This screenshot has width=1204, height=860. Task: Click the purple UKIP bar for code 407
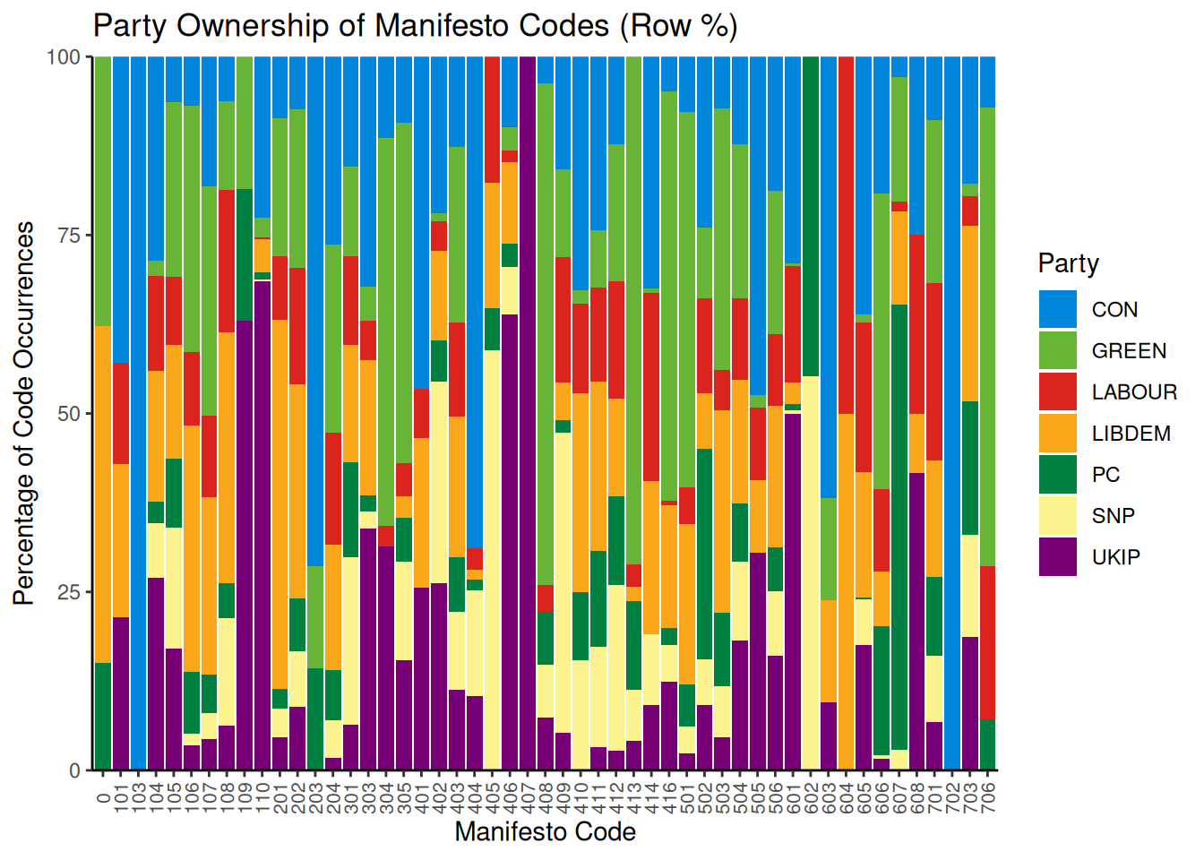click(528, 412)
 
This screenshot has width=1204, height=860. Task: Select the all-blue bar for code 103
click(138, 412)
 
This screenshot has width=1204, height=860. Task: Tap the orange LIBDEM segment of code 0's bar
click(103, 494)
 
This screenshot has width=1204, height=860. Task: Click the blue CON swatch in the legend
click(1058, 309)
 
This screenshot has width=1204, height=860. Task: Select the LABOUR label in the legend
click(1134, 392)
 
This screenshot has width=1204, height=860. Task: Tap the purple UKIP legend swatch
click(1058, 556)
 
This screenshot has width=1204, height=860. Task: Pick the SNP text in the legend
click(1114, 516)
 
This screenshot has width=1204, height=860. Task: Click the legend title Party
click(1068, 263)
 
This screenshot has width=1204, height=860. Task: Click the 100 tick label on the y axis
click(64, 57)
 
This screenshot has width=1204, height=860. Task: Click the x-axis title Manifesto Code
click(545, 832)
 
